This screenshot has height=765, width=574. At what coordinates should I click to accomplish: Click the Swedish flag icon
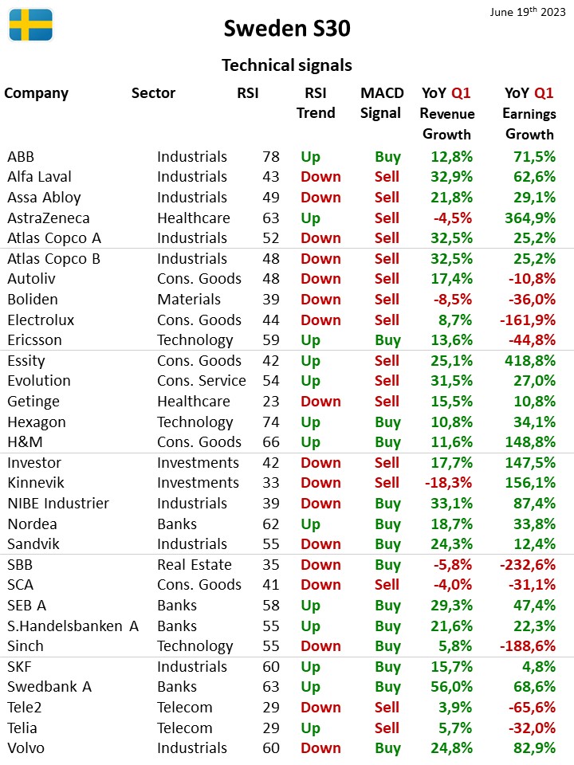(31, 25)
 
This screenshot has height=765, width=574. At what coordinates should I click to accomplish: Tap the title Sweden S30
(287, 29)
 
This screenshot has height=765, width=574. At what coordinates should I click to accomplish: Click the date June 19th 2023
(528, 11)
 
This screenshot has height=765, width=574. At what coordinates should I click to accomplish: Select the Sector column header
(153, 92)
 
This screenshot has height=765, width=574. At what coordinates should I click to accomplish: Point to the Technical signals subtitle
(287, 65)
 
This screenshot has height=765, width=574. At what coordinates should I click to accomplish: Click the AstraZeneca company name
(49, 218)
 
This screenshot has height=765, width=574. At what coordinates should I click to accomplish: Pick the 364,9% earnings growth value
(530, 218)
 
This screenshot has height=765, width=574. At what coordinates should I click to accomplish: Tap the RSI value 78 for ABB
(271, 157)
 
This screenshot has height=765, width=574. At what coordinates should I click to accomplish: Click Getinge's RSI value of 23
(271, 401)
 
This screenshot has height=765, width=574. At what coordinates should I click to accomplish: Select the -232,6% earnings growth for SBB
(528, 564)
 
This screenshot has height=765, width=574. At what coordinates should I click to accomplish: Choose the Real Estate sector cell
(195, 564)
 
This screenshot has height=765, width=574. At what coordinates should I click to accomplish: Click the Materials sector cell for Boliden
(189, 299)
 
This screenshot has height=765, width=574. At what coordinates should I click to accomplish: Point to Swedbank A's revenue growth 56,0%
(451, 686)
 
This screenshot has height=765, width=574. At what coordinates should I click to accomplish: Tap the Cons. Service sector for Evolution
(202, 381)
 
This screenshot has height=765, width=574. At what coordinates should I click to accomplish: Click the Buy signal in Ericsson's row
(388, 340)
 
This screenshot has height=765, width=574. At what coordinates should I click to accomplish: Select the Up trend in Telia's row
(310, 728)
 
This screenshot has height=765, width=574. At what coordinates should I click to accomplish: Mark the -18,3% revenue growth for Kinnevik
(449, 483)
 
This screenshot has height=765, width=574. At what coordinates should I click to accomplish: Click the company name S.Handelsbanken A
(73, 626)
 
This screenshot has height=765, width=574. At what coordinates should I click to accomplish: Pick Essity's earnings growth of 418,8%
(530, 360)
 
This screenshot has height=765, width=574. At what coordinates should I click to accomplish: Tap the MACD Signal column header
(382, 103)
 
